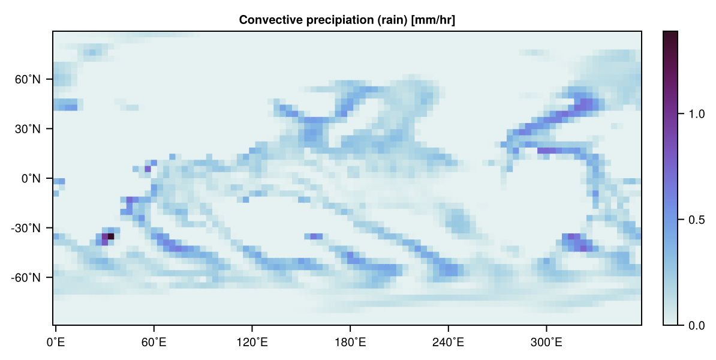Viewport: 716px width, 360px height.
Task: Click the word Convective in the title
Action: point(265,20)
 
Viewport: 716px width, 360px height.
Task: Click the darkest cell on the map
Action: point(111,236)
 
